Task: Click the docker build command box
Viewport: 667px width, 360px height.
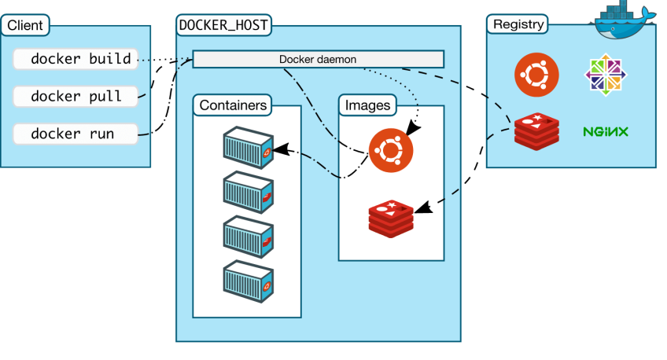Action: click(76, 59)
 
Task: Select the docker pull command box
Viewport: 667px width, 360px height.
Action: click(76, 96)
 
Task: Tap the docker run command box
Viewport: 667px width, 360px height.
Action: click(76, 134)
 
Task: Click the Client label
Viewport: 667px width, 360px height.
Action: click(25, 25)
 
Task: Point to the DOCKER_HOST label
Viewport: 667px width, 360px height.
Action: click(224, 25)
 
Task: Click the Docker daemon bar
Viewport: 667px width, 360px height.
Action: click(318, 59)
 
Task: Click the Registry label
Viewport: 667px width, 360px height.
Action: click(518, 24)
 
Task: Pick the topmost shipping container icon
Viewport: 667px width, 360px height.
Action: click(248, 146)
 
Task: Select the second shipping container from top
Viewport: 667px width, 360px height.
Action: click(248, 190)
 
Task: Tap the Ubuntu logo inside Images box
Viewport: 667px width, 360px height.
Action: click(391, 149)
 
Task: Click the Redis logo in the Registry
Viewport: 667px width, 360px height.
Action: click(536, 130)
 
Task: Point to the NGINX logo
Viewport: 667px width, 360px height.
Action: click(605, 131)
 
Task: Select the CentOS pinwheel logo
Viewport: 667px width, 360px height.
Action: click(606, 75)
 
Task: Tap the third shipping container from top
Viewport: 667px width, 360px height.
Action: click(248, 234)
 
